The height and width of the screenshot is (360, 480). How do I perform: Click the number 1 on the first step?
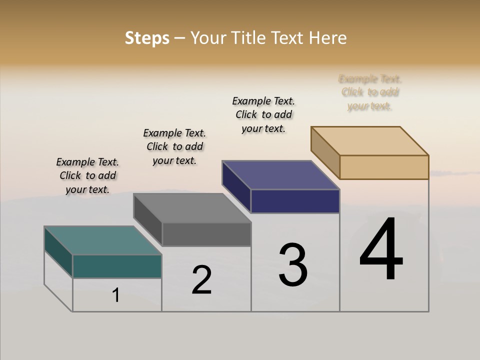point(116,295)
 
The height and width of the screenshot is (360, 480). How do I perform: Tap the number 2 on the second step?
point(201,280)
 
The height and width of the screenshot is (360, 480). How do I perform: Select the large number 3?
point(293,265)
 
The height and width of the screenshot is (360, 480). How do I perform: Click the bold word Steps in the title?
point(147,38)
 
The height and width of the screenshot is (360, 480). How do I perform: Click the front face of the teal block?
point(117,266)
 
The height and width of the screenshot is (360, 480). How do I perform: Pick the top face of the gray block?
point(192,208)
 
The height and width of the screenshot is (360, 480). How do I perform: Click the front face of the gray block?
point(206,234)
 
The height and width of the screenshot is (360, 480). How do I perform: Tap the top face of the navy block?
point(281,175)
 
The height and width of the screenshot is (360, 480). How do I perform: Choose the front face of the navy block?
point(295,201)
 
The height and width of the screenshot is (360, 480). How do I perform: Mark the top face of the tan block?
point(370,141)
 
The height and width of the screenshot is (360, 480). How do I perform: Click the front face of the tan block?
point(384,167)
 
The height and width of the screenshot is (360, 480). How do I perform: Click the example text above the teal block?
point(87,175)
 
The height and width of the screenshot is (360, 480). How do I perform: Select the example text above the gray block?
point(174,146)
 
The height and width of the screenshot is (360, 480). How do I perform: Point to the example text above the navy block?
point(263,114)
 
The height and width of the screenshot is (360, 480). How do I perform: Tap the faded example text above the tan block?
point(370,92)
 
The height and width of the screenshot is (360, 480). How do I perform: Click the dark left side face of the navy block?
point(236,186)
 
